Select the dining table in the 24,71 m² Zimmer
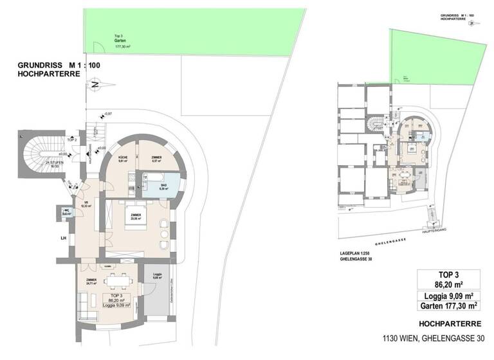[116, 279]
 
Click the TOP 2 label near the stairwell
[72, 139]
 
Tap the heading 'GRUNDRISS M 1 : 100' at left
[59, 66]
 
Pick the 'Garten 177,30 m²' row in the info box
[450, 307]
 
